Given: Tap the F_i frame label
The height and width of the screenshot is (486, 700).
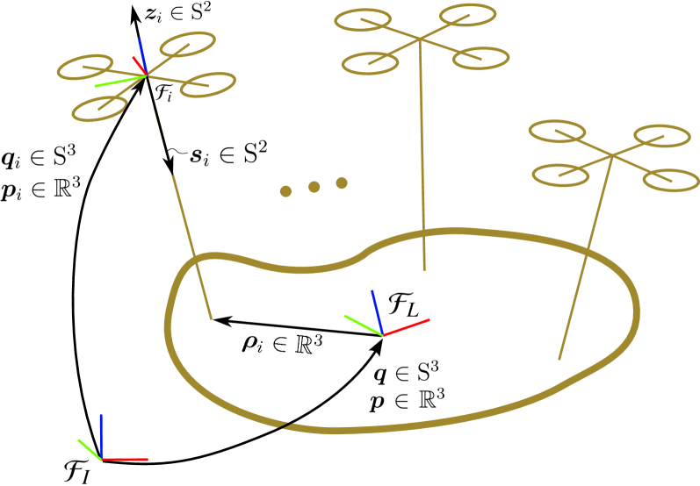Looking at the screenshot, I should click(164, 94).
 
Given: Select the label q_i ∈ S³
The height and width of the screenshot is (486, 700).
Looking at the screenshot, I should click(40, 158).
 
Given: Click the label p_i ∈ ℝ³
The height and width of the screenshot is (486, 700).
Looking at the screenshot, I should click(40, 189).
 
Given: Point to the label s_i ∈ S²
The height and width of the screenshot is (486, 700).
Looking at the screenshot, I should click(227, 155).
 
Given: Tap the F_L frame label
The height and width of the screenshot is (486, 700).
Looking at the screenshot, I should click(404, 304).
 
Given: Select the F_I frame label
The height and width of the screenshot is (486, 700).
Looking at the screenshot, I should click(77, 470).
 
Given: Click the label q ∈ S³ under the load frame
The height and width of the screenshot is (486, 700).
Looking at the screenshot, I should click(407, 372).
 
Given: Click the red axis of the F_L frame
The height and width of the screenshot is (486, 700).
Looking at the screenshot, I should click(407, 327).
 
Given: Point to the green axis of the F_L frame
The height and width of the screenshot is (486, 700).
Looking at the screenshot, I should click(363, 325).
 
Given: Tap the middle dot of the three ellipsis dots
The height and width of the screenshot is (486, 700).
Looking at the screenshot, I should click(314, 187).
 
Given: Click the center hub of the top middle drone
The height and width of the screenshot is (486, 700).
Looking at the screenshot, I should click(421, 39).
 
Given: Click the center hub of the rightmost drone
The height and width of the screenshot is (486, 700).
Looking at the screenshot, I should click(610, 156).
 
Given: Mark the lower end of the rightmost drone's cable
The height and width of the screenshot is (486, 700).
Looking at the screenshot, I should click(559, 359).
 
